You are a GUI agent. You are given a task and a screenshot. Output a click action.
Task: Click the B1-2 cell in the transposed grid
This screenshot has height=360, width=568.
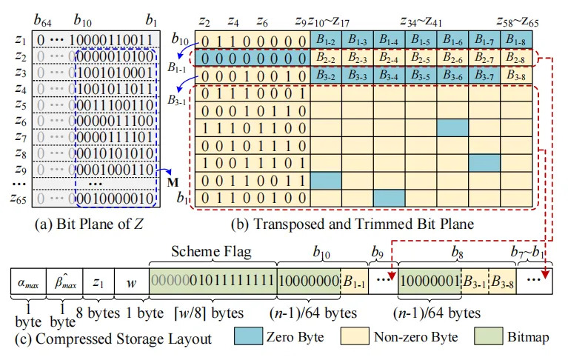coord(326,39)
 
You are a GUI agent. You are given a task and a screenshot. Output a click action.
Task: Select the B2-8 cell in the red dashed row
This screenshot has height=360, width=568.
coord(516,58)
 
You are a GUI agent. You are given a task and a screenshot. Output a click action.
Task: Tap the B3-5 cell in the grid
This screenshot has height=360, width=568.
coord(421,76)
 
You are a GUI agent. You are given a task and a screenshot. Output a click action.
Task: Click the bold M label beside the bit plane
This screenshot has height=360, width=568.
coord(173,181)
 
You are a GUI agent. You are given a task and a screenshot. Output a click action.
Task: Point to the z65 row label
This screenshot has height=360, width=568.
coord(18,198)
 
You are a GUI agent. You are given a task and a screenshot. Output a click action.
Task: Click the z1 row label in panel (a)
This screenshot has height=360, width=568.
coord(20,39)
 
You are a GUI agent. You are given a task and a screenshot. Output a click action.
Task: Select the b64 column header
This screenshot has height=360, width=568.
coord(42,20)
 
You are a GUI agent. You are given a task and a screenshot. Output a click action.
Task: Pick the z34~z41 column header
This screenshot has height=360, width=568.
coord(421,21)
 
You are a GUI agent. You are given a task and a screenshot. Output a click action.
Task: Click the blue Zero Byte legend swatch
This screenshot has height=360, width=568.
coord(249,336)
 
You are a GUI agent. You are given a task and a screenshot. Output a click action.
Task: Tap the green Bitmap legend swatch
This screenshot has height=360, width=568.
coord(488,336)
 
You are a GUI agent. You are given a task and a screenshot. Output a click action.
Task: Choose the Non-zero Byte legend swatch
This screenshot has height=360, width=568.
coord(355,336)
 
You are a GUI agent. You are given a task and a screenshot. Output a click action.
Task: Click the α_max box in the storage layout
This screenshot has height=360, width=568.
coord(28,281)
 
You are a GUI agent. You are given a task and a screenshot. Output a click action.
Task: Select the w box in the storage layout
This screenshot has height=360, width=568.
coord(132,281)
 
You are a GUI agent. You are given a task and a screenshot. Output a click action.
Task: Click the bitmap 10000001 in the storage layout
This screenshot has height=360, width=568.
coord(430,281)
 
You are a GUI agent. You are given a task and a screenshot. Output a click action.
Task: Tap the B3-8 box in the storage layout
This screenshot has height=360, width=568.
coord(502,281)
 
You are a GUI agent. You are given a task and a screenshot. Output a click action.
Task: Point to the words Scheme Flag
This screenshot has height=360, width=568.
coord(211,251)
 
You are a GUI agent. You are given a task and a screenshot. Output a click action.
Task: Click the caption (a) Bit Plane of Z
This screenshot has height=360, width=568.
coord(89,224)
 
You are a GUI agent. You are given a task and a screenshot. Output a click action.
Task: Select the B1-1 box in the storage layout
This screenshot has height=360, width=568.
coord(354,281)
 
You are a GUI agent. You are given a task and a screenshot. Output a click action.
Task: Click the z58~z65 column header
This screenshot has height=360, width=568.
coord(518,21)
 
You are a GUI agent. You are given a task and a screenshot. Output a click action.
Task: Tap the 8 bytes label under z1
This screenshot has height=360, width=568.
coord(98,313)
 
